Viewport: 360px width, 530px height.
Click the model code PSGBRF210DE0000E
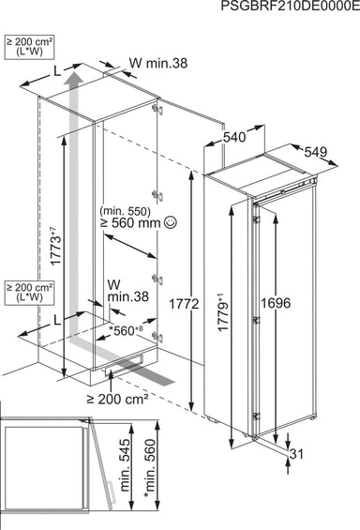click(291, 6)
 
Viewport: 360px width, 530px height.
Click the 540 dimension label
click(234, 137)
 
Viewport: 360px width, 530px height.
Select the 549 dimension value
click(316, 152)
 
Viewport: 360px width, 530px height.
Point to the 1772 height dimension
click(184, 304)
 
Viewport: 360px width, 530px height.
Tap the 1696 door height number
click(276, 303)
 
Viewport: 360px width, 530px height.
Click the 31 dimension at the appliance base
click(296, 454)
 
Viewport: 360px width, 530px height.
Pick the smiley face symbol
click(170, 222)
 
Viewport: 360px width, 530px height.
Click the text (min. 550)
click(125, 211)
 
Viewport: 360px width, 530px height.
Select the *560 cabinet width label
click(126, 331)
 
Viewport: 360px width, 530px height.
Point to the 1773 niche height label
click(56, 246)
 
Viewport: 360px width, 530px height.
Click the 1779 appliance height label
click(223, 313)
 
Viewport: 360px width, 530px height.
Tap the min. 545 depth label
click(125, 465)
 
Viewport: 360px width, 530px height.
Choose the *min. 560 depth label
click(150, 468)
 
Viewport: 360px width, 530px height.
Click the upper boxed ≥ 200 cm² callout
click(29, 47)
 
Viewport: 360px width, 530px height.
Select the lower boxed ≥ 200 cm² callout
click(29, 293)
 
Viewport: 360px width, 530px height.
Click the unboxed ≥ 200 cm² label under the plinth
click(117, 400)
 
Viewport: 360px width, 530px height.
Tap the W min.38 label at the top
click(158, 63)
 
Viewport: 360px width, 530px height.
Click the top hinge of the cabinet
click(157, 109)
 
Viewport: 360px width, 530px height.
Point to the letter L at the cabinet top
click(57, 70)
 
